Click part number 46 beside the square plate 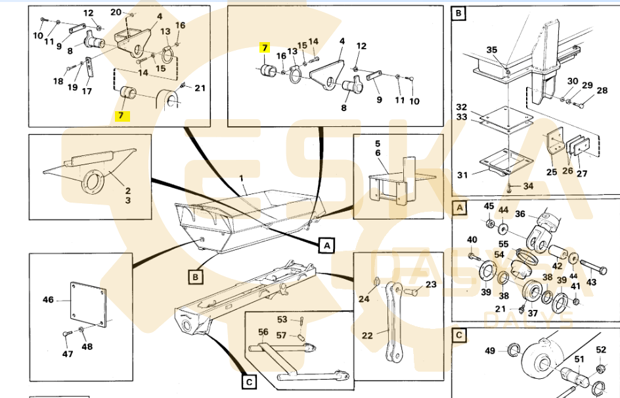click(48, 300)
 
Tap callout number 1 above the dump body click(242, 178)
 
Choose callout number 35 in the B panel click(492, 50)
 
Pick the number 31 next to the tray click(462, 174)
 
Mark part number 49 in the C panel click(490, 350)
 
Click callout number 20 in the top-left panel click(116, 12)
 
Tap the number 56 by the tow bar click(263, 333)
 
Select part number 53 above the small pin click(282, 320)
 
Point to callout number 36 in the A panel click(520, 213)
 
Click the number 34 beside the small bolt click(529, 186)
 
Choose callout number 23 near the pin click(431, 285)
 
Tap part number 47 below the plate click(68, 354)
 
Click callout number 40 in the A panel click(472, 239)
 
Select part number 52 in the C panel click(600, 350)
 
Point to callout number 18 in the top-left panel click(58, 82)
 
